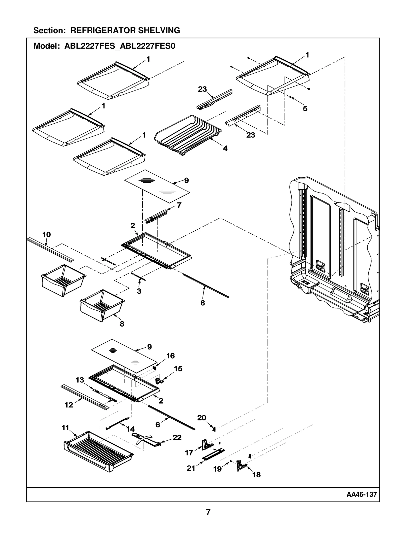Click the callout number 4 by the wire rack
[225, 148]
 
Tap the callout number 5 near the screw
[305, 109]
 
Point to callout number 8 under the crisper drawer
[122, 324]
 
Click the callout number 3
[139, 291]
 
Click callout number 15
[178, 369]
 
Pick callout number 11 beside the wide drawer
[65, 427]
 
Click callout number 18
[256, 475]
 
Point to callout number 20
[201, 418]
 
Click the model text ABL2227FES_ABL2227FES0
[120, 46]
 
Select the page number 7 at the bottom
[208, 512]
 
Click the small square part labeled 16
[154, 367]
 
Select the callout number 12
[69, 405]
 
